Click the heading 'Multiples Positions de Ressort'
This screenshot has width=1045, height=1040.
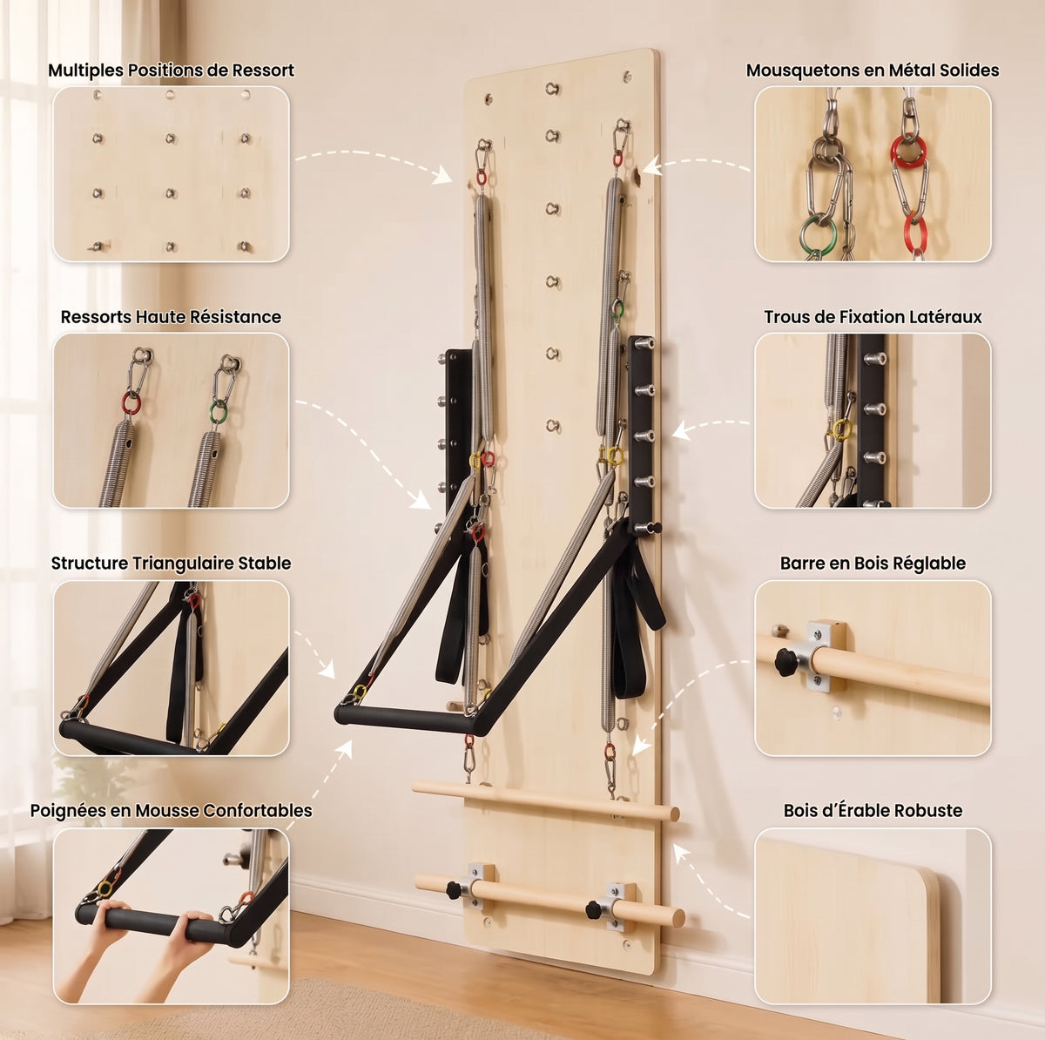point(171,71)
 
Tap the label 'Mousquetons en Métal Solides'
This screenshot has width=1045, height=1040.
point(873,71)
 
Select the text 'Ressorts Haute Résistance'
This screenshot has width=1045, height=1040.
point(171,317)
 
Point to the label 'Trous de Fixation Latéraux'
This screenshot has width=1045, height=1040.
point(873,317)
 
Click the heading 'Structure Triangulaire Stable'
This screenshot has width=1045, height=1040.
point(171,564)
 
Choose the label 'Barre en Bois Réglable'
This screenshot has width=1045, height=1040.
point(873,564)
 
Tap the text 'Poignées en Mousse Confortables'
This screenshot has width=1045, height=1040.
point(171,811)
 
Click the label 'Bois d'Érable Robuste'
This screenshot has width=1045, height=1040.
point(873,811)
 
